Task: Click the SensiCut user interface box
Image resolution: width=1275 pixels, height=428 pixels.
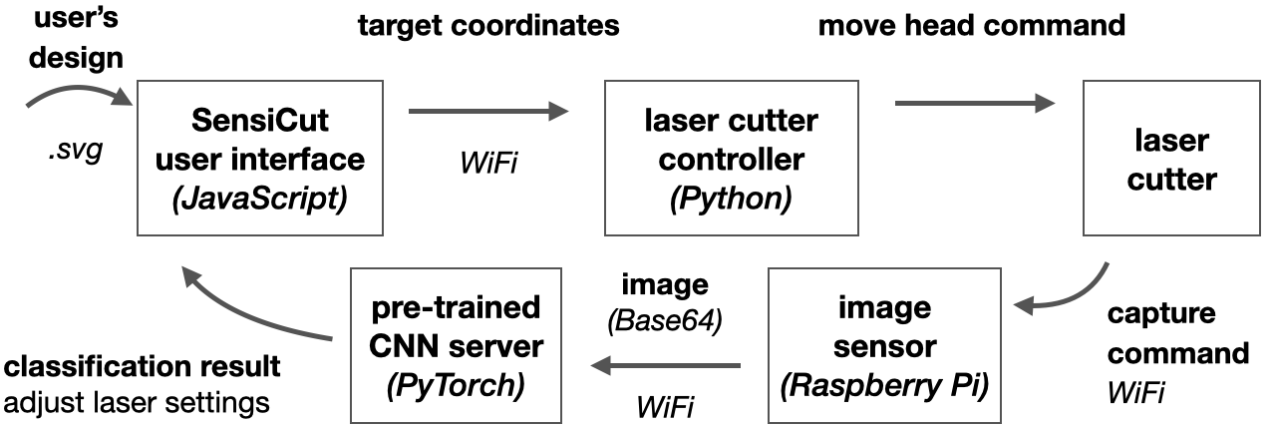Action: tap(260, 159)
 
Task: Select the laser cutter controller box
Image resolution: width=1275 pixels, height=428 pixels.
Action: tap(731, 159)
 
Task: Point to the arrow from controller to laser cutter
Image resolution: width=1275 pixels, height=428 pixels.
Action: tap(974, 102)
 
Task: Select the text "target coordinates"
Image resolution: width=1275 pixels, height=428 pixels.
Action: tap(488, 26)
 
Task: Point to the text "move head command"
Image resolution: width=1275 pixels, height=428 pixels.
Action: tap(971, 26)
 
